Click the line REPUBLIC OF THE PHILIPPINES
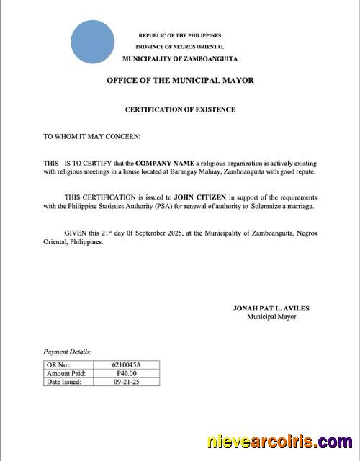click(x=179, y=35)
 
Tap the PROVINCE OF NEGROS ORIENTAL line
click(x=179, y=46)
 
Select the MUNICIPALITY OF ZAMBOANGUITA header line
click(x=179, y=58)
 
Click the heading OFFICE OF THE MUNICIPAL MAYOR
click(x=180, y=81)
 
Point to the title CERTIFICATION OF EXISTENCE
click(x=180, y=109)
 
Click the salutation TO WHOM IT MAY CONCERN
click(x=91, y=135)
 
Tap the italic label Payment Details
click(x=68, y=352)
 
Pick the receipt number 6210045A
click(x=127, y=366)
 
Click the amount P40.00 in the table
click(x=127, y=374)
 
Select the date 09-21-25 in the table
click(x=127, y=382)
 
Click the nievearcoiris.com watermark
click(x=279, y=441)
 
